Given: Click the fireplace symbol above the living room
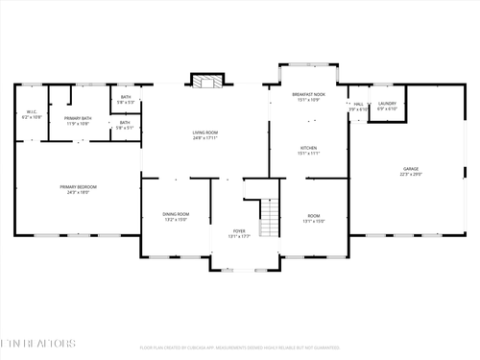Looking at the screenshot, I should [x=204, y=81].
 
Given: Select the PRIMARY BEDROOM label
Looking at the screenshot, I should [x=79, y=186].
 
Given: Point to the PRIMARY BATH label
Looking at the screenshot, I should [x=78, y=118].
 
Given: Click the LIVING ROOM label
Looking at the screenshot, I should [x=205, y=133].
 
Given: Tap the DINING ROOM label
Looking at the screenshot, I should [x=175, y=214].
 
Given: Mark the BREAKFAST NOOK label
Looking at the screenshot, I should [x=308, y=94].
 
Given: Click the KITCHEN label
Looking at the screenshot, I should [x=308, y=148].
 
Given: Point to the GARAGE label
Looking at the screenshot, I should [x=410, y=169].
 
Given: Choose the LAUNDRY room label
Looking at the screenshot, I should [x=387, y=103].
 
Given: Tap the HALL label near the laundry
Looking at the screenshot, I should [x=358, y=104].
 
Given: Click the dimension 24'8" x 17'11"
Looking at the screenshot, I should [x=205, y=139].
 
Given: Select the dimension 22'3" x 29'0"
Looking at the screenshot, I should [x=410, y=175].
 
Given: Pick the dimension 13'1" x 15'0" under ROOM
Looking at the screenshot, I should [x=314, y=221].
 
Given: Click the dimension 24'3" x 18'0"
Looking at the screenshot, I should [x=79, y=192].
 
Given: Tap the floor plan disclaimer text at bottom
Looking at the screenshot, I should [x=240, y=348].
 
